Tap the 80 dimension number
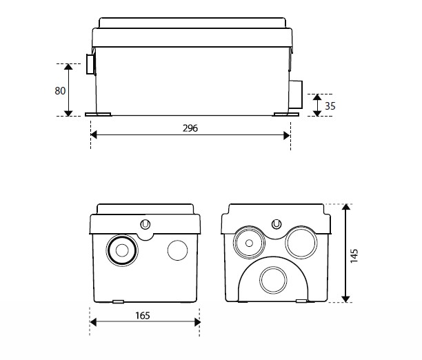tap(59, 90)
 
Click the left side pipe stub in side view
tap(90, 66)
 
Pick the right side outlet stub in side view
tap(295, 94)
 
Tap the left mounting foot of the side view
tap(97, 114)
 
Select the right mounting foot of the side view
tap(283, 114)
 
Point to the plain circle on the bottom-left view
tap(177, 250)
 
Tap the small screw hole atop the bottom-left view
tap(145, 225)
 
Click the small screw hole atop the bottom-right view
tap(276, 225)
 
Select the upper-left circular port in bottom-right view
tap(247, 241)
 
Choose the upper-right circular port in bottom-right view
tap(301, 243)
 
